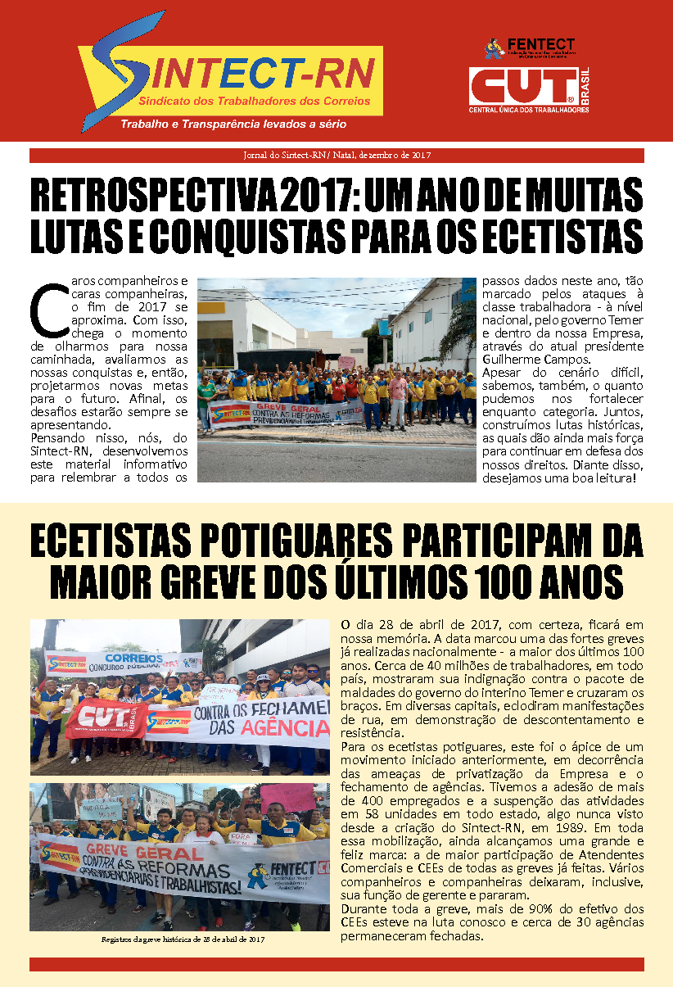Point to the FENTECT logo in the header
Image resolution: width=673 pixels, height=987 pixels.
pos(531,48)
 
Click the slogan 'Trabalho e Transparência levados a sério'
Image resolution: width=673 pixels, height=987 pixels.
pos(233,125)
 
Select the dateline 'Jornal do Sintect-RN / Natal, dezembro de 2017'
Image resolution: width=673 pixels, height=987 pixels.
pos(336,155)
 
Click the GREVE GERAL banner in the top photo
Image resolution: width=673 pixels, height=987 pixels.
pos(285,412)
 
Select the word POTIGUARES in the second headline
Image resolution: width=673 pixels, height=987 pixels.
pos(295,543)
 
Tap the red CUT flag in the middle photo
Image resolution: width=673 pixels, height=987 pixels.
pos(106,718)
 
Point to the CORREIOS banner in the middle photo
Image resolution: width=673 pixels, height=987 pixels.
pos(123,659)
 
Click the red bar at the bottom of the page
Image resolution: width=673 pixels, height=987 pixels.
pos(336,964)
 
